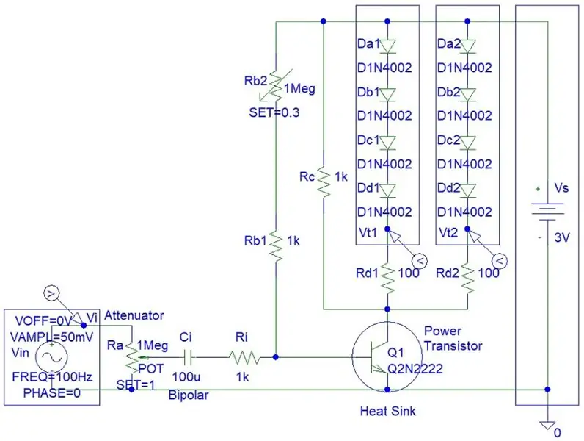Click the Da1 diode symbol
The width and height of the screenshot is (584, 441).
pyautogui.click(x=387, y=46)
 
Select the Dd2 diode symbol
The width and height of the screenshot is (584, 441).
pyautogui.click(x=467, y=190)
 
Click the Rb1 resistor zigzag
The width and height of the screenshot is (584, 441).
pyautogui.click(x=276, y=245)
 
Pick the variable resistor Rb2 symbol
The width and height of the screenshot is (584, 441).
pyautogui.click(x=276, y=85)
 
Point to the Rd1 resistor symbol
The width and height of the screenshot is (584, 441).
pyautogui.click(x=387, y=279)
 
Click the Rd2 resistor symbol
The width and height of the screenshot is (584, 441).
pyautogui.click(x=467, y=279)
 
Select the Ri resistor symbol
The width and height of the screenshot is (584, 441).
pyautogui.click(x=244, y=357)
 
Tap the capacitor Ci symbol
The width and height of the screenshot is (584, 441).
pyautogui.click(x=188, y=358)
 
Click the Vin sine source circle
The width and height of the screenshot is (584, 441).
pyautogui.click(x=51, y=357)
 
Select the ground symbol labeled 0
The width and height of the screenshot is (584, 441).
pyautogui.click(x=547, y=426)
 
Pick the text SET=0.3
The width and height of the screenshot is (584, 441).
pyautogui.click(x=274, y=112)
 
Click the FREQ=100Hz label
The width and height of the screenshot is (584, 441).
pyautogui.click(x=53, y=376)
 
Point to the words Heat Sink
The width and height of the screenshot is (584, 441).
pyautogui.click(x=387, y=411)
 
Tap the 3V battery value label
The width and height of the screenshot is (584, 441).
pyautogui.click(x=562, y=237)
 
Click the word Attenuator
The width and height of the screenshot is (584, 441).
pyautogui.click(x=134, y=315)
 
